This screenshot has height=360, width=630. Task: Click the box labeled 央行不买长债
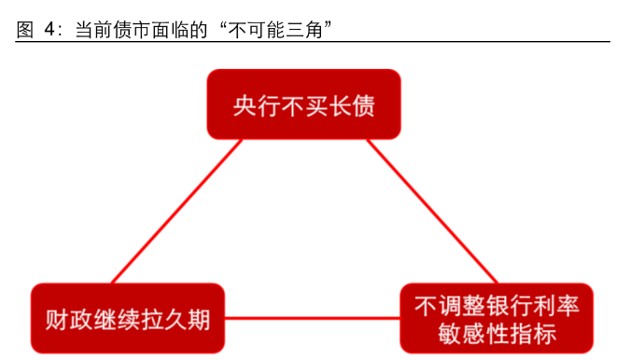(x=303, y=104)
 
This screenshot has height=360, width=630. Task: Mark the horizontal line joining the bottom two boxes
(x=313, y=318)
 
